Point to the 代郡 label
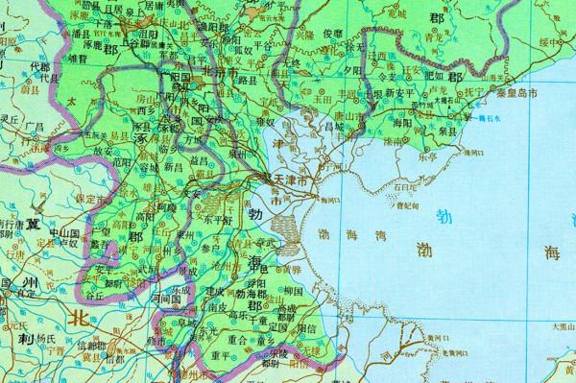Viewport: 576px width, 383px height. (38, 67)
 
